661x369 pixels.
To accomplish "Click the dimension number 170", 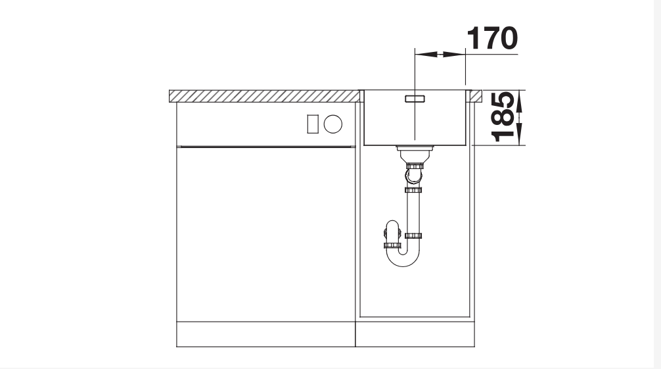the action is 492,38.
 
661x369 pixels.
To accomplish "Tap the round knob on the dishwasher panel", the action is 333,124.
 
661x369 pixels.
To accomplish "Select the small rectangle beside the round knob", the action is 313,124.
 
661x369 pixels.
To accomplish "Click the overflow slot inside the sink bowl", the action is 415,99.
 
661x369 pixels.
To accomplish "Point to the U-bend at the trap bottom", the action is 403,258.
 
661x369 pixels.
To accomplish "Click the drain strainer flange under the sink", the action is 415,148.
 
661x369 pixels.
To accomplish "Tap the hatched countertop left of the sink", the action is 264,96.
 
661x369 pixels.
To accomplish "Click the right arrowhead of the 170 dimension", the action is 455,54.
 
